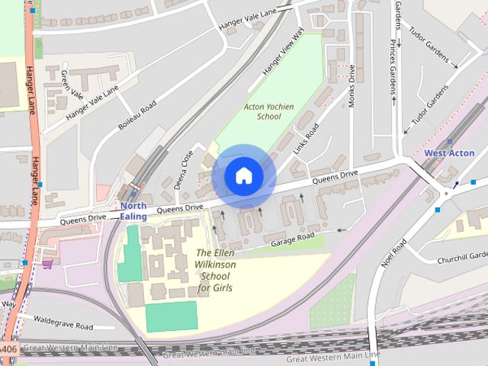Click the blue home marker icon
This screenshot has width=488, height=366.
(243, 175)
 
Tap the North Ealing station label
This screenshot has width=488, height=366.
(133, 211)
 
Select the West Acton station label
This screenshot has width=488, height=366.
(449, 153)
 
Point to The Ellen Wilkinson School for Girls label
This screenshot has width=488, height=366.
(215, 271)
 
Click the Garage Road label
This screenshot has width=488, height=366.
(293, 239)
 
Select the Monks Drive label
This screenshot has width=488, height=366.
(352, 85)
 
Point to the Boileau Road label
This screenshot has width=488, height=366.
(137, 114)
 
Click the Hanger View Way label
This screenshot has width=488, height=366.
(282, 52)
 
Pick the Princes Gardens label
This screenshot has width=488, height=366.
(393, 69)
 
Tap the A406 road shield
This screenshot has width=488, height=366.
(8, 348)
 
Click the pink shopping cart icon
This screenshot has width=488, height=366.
(48, 265)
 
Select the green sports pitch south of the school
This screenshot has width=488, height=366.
(171, 316)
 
